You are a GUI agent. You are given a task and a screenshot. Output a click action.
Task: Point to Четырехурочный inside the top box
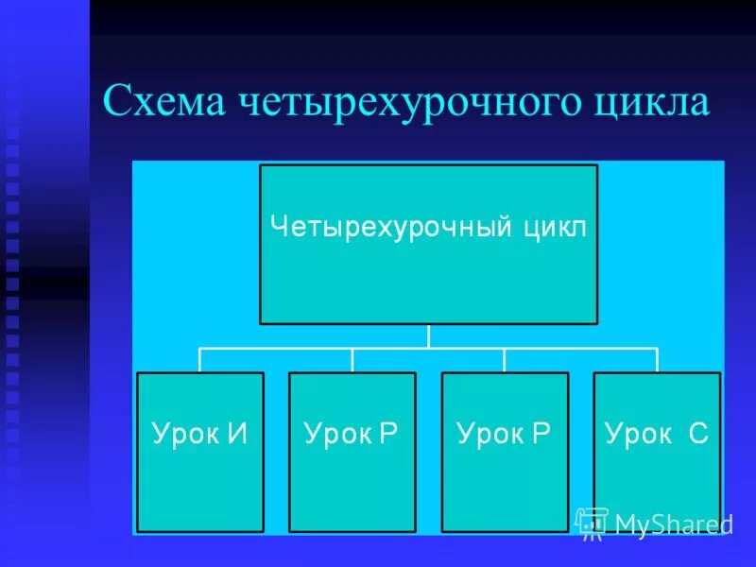click(392, 228)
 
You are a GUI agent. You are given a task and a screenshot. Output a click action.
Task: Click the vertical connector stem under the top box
click(429, 336)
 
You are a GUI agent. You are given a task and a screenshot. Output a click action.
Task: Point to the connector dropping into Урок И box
click(200, 360)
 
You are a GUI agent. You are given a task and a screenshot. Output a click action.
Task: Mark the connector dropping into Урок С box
click(657, 360)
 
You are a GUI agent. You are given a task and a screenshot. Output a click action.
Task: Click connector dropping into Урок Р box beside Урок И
click(352, 360)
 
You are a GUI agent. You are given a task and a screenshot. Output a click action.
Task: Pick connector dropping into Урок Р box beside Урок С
click(505, 360)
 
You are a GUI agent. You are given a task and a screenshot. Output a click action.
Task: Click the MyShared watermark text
click(674, 525)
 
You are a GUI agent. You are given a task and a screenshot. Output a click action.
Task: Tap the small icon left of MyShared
click(591, 523)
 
